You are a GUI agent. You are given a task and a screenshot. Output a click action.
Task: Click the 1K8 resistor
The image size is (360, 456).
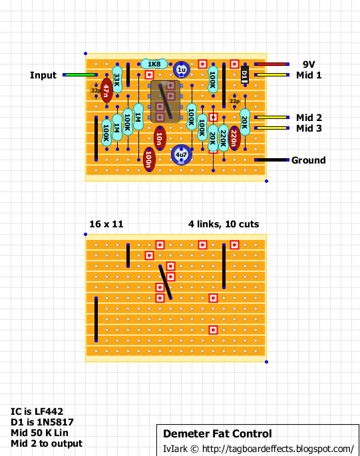pyautogui.click(x=154, y=64)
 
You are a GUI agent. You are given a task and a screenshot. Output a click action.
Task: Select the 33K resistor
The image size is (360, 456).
pyautogui.click(x=117, y=79)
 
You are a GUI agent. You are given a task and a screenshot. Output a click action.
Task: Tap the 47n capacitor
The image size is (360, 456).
pyautogui.click(x=106, y=90)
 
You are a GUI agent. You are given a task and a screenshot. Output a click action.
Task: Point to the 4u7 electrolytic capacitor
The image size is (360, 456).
pyautogui.click(x=181, y=154)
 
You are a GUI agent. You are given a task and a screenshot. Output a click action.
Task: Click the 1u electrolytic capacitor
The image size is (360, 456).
pyautogui.click(x=181, y=70)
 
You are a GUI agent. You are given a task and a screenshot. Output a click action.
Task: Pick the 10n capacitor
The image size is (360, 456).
pyautogui.click(x=160, y=138)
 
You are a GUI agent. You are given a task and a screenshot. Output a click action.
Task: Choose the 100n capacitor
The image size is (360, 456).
pyautogui.click(x=149, y=160)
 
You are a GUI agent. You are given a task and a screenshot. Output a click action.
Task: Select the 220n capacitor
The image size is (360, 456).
pyautogui.click(x=234, y=138)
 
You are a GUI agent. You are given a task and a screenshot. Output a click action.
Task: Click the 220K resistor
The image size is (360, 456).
pyautogui.click(x=224, y=138)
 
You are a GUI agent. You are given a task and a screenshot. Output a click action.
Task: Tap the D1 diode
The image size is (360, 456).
pyautogui.click(x=245, y=74)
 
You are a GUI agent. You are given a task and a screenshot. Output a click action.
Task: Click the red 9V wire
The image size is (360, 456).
pyautogui.click(x=271, y=64)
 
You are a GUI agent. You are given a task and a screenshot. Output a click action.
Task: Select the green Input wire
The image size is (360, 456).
pyautogui.click(x=80, y=74)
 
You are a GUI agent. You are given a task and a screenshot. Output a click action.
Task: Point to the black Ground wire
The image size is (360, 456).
pyautogui.click(x=271, y=160)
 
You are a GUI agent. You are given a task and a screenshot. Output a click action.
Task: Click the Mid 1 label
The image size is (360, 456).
pyautogui.click(x=309, y=75)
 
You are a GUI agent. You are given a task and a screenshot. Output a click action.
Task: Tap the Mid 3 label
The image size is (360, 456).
pyautogui.click(x=309, y=128)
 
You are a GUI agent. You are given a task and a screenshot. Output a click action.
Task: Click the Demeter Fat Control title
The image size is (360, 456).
pyautogui.click(x=218, y=433)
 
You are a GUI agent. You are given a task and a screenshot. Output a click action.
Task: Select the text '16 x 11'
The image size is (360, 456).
pyautogui.click(x=106, y=224)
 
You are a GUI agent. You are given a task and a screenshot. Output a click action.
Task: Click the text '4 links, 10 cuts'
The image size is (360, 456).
pyautogui.click(x=224, y=224)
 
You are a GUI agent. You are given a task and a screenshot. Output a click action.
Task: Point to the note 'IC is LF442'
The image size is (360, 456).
pyautogui.click(x=37, y=411)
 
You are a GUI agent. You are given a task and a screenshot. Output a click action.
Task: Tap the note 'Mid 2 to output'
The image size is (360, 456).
pyautogui.click(x=47, y=443)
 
